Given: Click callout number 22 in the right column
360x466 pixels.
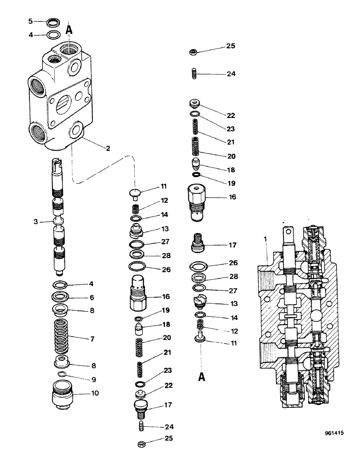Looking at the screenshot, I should coord(230,116).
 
